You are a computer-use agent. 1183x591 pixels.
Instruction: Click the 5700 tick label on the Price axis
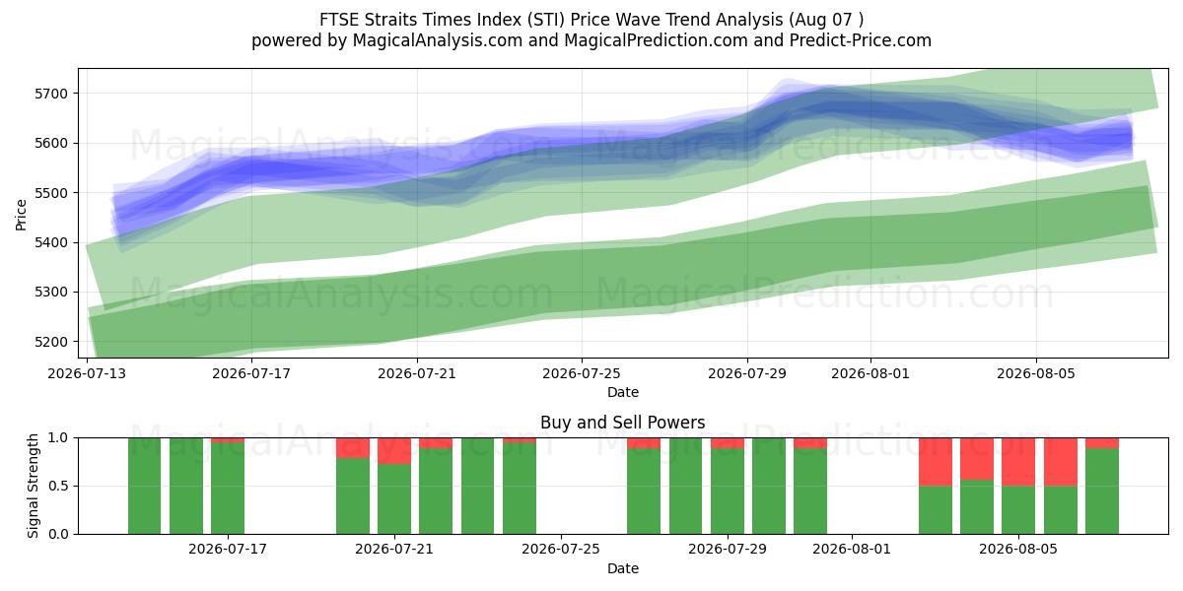(x=51, y=94)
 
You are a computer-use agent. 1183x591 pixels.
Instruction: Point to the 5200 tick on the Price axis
(x=51, y=342)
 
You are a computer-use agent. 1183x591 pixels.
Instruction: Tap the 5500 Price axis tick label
(x=51, y=193)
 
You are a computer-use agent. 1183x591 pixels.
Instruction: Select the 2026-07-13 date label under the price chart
(x=87, y=373)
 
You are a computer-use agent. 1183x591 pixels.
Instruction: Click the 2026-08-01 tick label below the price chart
(x=870, y=373)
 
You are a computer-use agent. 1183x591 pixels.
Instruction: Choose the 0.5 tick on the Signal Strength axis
(x=58, y=486)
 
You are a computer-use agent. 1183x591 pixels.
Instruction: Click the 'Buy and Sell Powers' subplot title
(x=623, y=423)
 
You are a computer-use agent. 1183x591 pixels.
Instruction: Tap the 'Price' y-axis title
(x=21, y=215)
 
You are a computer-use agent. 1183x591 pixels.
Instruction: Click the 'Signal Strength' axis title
(x=33, y=486)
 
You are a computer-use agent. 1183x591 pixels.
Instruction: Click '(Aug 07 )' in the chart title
(x=826, y=20)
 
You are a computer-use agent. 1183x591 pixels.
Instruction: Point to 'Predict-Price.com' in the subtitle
(x=861, y=40)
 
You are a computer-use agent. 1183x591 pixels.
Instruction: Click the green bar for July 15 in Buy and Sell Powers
(x=186, y=486)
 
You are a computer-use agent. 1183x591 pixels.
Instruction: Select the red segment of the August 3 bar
(x=936, y=462)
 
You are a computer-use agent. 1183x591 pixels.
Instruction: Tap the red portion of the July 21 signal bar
(x=394, y=451)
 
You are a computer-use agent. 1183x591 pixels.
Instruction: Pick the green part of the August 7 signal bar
(x=1102, y=492)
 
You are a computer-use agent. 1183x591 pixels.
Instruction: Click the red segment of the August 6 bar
(x=1061, y=462)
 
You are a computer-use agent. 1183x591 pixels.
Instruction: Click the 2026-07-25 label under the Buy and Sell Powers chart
(x=561, y=550)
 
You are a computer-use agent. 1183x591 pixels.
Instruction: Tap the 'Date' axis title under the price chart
(x=623, y=392)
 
